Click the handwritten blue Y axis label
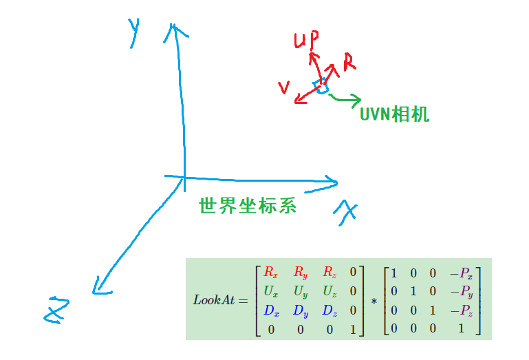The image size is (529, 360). point(133,32)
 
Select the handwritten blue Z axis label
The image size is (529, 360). point(57,310)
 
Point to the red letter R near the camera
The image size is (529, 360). point(349,63)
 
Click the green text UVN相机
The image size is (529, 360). point(394,114)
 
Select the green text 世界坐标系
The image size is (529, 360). point(248,205)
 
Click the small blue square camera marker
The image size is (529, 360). point(320,86)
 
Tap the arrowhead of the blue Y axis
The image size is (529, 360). point(176,30)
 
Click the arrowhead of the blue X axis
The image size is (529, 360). point(333,182)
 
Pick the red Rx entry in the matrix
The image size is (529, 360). point(271,272)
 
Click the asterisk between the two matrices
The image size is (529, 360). point(374,301)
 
